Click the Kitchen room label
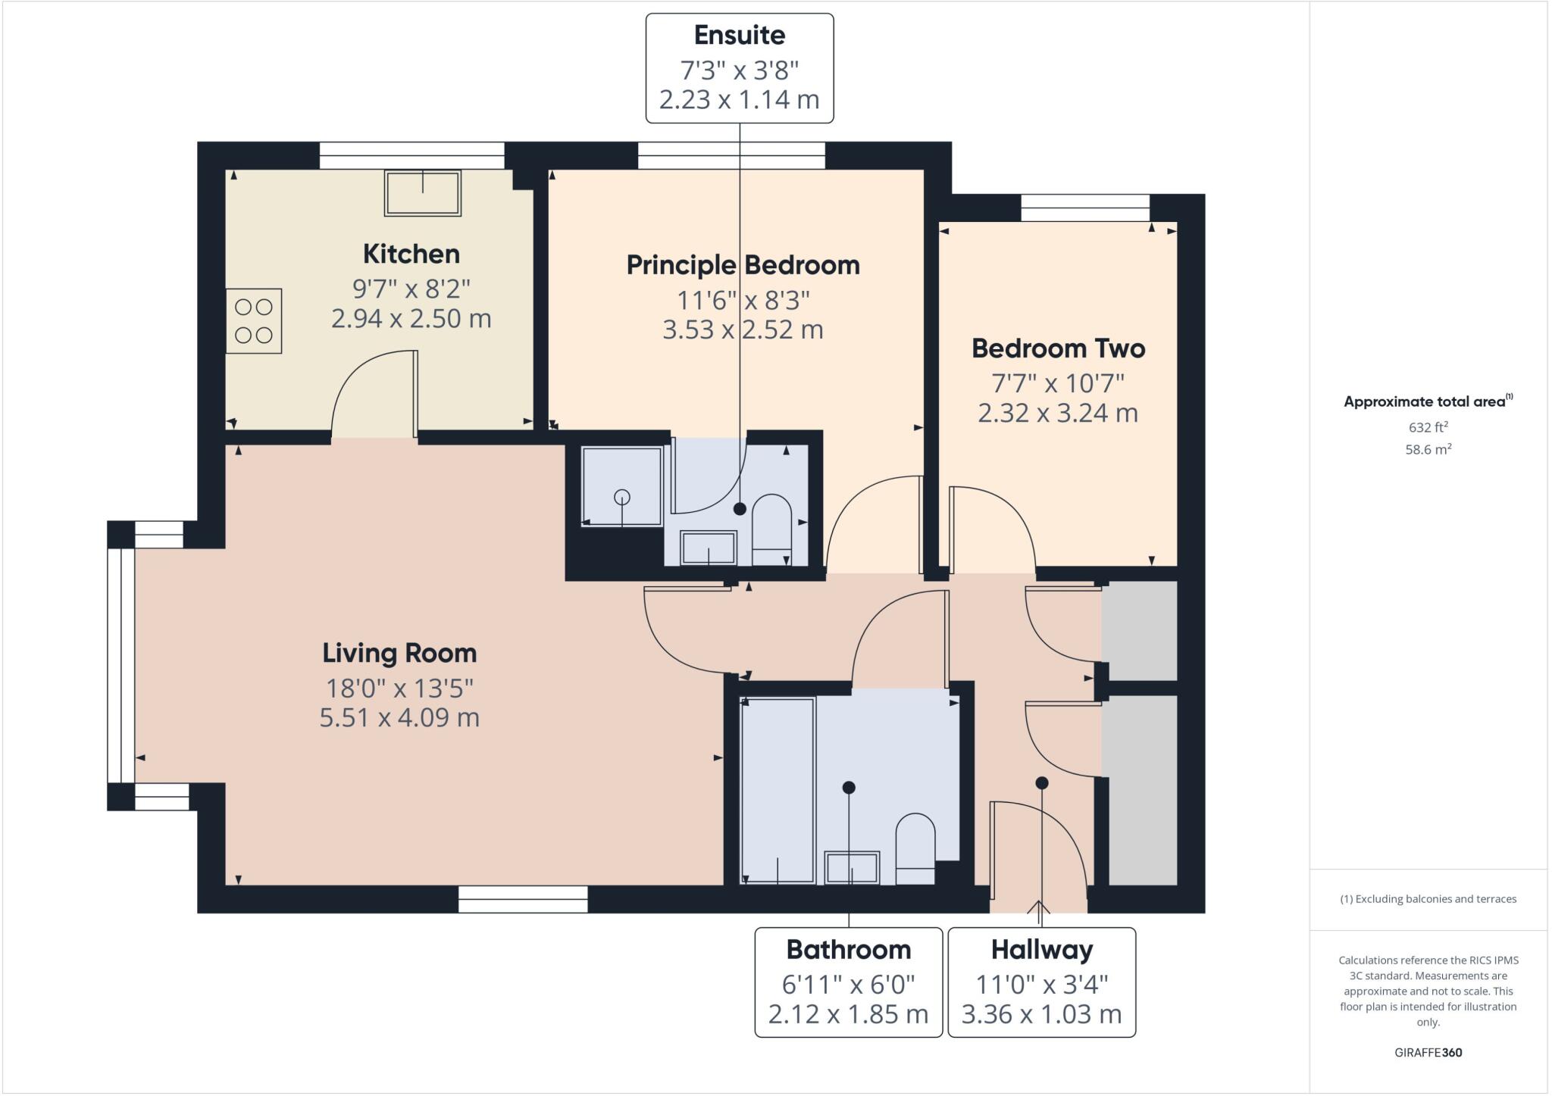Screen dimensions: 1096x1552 click(x=411, y=254)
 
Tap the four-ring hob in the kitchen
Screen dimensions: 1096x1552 click(x=253, y=320)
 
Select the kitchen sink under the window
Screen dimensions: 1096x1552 click(x=422, y=193)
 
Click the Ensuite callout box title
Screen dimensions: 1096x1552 click(x=739, y=35)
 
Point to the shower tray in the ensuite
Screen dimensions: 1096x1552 click(x=621, y=486)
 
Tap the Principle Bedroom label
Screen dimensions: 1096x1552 click(x=743, y=265)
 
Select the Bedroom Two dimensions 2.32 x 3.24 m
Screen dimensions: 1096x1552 click(x=1057, y=414)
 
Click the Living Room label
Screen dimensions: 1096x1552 click(x=399, y=653)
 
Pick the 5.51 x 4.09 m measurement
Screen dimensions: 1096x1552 click(x=399, y=717)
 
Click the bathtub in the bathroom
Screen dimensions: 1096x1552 click(x=778, y=789)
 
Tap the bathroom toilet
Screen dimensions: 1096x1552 click(x=915, y=848)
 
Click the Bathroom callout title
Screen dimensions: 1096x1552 click(x=848, y=949)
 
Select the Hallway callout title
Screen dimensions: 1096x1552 click(x=1041, y=949)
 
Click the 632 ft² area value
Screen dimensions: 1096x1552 click(x=1428, y=427)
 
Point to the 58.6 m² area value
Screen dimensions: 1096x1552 click(x=1428, y=449)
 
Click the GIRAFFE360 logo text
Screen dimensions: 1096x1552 click(x=1428, y=1052)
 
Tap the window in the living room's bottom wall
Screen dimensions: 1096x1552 click(x=523, y=899)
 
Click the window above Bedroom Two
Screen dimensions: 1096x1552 click(x=1084, y=208)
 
